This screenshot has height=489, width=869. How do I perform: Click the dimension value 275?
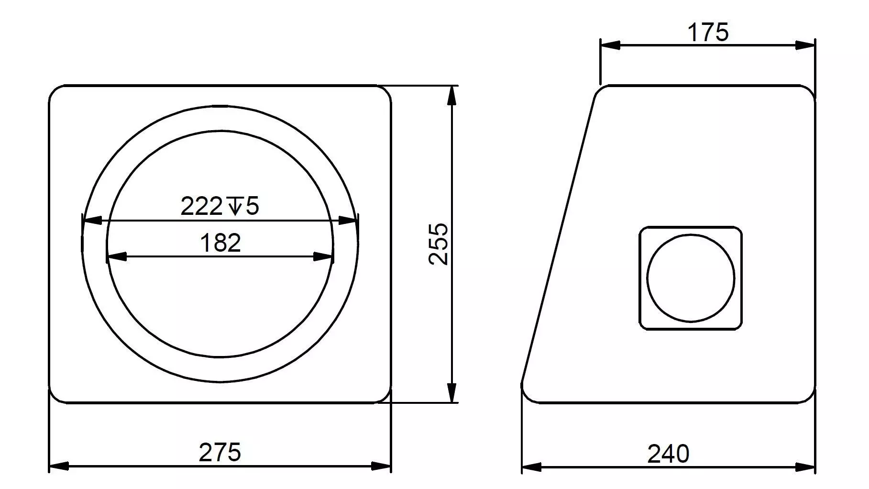click(220, 452)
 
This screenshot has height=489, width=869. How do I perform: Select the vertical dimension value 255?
click(439, 244)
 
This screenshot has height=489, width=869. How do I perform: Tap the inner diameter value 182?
click(220, 243)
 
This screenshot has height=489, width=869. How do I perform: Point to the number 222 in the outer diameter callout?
click(201, 207)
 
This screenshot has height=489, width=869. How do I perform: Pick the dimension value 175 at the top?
click(708, 33)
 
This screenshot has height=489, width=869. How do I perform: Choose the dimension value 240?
click(668, 454)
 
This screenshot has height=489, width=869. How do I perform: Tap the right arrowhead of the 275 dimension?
click(381, 466)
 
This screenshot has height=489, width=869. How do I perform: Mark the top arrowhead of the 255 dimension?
click(451, 95)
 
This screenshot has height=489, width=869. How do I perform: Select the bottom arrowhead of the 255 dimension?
click(451, 393)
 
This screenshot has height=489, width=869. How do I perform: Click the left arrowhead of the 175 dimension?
click(610, 45)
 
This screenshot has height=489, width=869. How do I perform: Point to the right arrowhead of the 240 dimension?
click(805, 467)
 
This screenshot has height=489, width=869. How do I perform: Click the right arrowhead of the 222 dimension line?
click(348, 221)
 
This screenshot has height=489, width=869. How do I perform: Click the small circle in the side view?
click(691, 278)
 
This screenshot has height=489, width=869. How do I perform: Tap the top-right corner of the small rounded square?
click(738, 231)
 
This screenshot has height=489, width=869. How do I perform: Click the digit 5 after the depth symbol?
click(252, 207)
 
